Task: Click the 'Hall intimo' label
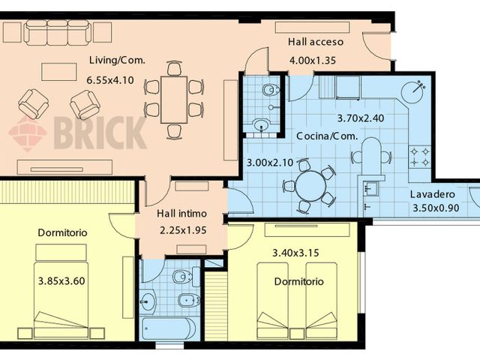pos(182,214)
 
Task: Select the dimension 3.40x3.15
pos(296,253)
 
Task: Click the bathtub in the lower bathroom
pos(169,328)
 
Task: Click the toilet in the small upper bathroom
pos(269,91)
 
